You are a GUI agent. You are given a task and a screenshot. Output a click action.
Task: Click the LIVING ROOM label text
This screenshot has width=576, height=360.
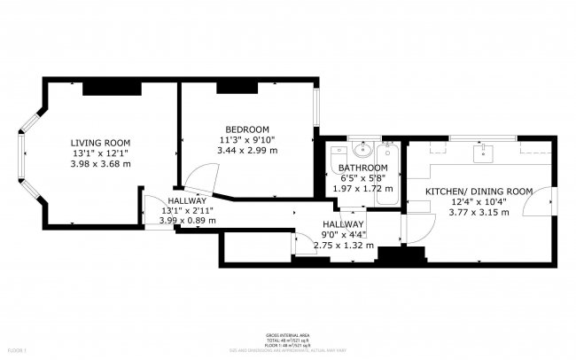click(x=100, y=143)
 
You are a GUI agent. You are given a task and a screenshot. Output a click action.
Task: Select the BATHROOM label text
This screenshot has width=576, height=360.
click(x=362, y=168)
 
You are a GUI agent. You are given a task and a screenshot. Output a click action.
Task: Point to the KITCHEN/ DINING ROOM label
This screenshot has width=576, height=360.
click(x=479, y=191)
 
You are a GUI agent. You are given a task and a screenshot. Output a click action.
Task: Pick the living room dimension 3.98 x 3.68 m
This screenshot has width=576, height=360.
click(x=100, y=164)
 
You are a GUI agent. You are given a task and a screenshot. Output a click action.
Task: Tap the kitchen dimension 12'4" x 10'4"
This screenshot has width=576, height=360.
click(x=479, y=201)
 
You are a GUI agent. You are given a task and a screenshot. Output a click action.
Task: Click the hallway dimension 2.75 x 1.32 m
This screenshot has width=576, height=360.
click(x=343, y=246)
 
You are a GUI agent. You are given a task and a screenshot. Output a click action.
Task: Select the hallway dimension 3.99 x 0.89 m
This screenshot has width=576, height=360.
click(x=186, y=223)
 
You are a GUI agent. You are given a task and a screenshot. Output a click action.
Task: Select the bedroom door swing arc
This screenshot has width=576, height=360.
click(x=197, y=181)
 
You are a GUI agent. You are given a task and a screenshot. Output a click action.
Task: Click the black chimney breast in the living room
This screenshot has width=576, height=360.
click(x=112, y=88)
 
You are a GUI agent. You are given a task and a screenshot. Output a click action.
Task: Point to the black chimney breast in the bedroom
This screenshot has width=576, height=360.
click(x=237, y=86)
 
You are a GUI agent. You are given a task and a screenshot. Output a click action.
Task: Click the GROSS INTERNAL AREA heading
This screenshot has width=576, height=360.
click(x=287, y=334)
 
